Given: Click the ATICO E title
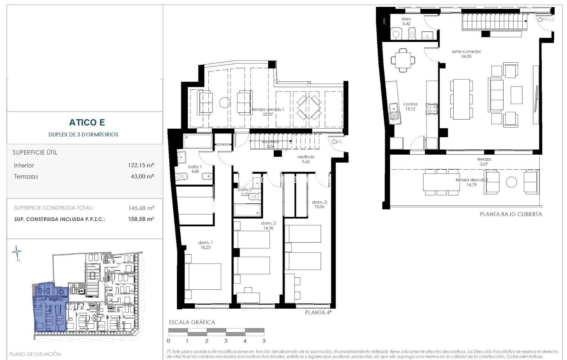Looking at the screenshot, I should (x=87, y=122).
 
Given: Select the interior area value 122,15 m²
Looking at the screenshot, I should (x=141, y=165).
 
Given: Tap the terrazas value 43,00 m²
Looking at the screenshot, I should (x=142, y=176).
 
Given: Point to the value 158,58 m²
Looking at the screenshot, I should (x=141, y=219).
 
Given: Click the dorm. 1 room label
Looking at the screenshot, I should (x=205, y=243).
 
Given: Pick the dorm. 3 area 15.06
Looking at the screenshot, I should (x=319, y=207).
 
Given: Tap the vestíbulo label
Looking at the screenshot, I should (x=306, y=157).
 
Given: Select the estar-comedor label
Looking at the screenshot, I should (x=466, y=52).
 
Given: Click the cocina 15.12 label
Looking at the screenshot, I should (x=410, y=106).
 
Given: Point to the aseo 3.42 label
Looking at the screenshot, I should (x=406, y=21).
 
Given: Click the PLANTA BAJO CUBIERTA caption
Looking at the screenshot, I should (x=511, y=214).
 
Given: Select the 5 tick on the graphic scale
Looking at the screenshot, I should (x=264, y=341).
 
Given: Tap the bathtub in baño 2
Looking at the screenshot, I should (x=247, y=210).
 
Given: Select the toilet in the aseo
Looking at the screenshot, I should (x=412, y=33).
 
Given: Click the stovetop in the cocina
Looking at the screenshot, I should (x=432, y=109).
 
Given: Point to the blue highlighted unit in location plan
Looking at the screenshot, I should (x=50, y=313).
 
